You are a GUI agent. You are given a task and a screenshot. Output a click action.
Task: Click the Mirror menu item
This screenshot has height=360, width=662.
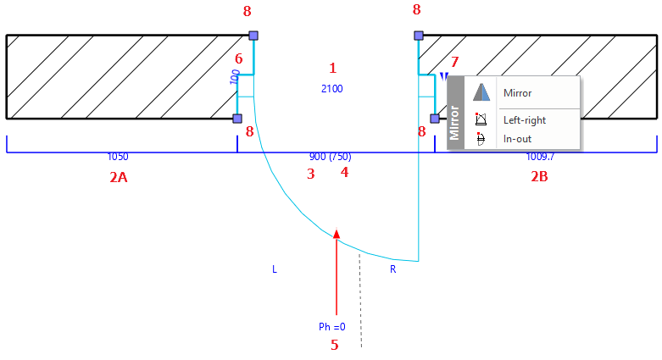pos(517,93)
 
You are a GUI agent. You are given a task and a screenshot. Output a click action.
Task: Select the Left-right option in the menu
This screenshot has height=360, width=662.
pos(525,120)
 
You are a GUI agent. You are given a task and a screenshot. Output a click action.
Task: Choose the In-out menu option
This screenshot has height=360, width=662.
pos(517,139)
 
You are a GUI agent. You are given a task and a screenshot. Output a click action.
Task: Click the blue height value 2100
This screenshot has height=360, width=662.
pos(331,89)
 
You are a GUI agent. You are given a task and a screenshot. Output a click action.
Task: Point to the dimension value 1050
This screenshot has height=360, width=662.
pos(118,157)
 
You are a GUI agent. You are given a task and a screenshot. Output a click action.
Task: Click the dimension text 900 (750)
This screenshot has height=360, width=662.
pos(331,157)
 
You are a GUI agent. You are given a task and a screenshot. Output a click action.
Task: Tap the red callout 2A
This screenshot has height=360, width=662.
pos(119,177)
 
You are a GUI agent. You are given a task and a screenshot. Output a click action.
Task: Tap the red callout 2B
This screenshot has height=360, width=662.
pos(539,176)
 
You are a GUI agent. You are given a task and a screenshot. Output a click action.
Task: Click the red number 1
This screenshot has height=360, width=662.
pos(332,68)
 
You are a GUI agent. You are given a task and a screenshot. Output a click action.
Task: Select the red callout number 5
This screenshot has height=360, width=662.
pos(334,346)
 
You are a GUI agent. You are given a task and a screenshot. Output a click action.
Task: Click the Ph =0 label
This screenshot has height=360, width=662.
pos(331,327)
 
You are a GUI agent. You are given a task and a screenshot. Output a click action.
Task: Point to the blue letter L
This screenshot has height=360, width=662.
pos(275,269)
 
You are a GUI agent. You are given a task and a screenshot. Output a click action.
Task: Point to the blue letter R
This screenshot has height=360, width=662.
pos(393,269)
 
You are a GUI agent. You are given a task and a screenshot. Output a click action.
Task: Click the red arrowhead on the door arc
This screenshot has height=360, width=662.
pos(337,234)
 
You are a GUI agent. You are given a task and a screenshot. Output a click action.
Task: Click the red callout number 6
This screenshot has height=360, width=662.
pos(239,58)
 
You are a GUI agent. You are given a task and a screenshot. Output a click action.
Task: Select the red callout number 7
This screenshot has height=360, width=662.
pos(454,62)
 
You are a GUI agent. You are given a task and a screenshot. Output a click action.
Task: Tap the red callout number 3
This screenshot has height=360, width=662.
pos(311,174)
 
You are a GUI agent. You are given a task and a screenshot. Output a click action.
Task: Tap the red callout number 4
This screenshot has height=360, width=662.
pos(344,172)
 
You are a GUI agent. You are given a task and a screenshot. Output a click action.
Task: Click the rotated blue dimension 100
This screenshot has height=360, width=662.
pos(235,77)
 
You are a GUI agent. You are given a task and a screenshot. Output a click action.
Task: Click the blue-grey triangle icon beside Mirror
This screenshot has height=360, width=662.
pos(481,92)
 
